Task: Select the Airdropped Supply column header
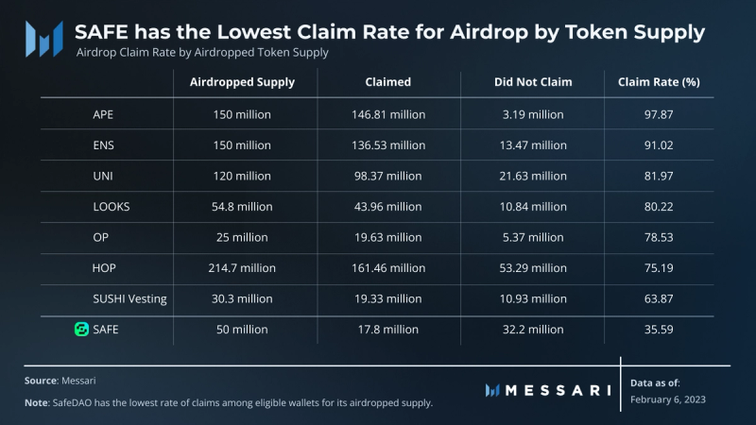243,82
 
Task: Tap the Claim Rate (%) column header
659,82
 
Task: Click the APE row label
104,114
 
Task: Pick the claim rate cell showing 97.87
659,114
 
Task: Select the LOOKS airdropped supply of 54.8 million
243,207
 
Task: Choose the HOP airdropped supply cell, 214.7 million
243,268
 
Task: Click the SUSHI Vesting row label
130,298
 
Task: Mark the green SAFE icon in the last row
81,330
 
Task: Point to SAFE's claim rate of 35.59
659,330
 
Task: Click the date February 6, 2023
667,399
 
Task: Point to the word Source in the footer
41,381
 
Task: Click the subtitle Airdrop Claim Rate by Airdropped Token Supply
201,53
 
